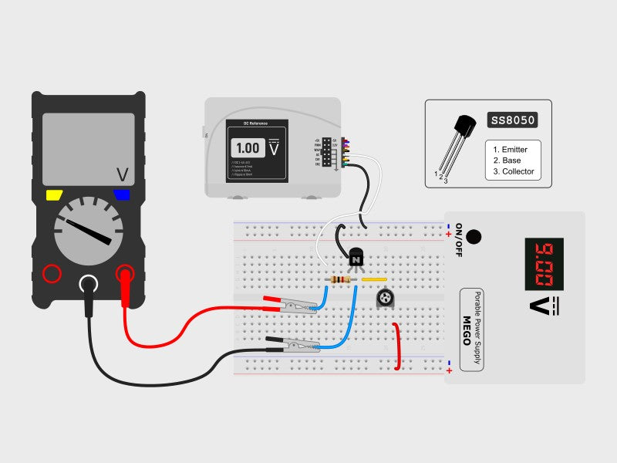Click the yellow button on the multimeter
[54, 195]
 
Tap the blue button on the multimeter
[122, 195]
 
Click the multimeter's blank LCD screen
[88, 148]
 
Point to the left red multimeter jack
[52, 273]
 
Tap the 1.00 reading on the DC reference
[248, 148]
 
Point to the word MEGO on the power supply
[467, 329]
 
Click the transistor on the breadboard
[356, 257]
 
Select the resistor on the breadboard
[341, 280]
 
